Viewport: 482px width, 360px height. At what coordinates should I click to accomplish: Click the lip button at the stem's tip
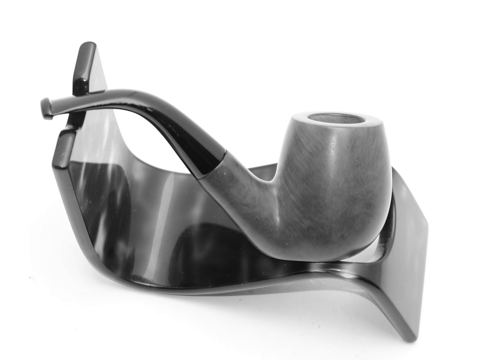pos(46,108)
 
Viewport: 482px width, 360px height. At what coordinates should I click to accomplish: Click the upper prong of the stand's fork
pos(84,67)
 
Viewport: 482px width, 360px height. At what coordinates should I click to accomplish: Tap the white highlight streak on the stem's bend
pos(145,96)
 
